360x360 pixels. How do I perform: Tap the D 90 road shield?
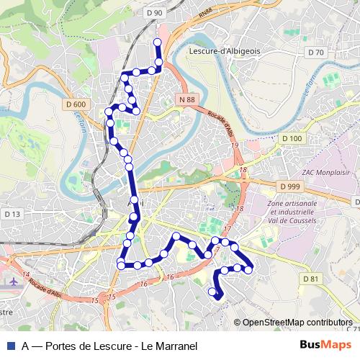point(153,12)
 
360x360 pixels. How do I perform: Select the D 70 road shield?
point(315,52)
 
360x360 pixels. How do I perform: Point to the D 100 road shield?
point(292,138)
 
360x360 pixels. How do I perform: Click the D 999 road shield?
point(290,186)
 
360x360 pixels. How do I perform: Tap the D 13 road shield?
point(12,214)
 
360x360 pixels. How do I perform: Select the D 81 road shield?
point(310,279)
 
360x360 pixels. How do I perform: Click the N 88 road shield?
point(187,99)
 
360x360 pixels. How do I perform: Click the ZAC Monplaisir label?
point(326,172)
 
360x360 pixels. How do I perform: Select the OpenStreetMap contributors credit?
point(297,322)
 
